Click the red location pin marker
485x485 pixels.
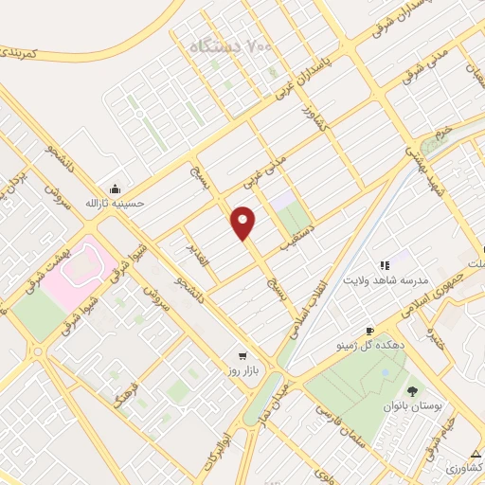(243, 223)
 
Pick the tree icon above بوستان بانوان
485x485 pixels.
(413, 390)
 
